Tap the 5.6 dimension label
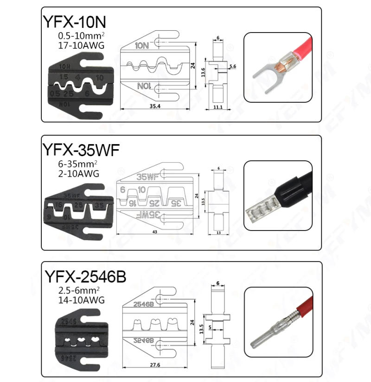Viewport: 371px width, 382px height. [232, 66]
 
